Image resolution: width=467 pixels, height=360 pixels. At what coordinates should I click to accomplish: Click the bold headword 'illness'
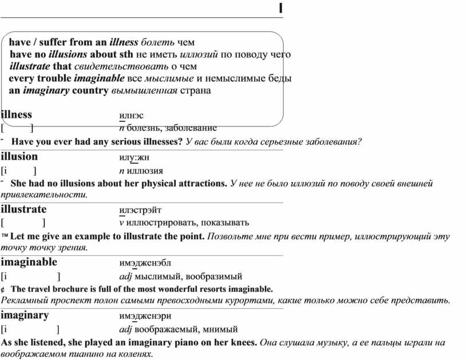click(x=17, y=114)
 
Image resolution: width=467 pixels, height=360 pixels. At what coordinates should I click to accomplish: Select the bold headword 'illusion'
click(x=19, y=157)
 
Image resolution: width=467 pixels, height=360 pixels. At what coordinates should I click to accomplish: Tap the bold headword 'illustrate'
click(x=23, y=209)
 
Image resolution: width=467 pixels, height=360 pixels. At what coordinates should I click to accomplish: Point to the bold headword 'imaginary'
click(x=25, y=315)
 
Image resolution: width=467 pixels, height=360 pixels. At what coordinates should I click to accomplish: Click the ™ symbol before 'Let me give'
click(x=5, y=236)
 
